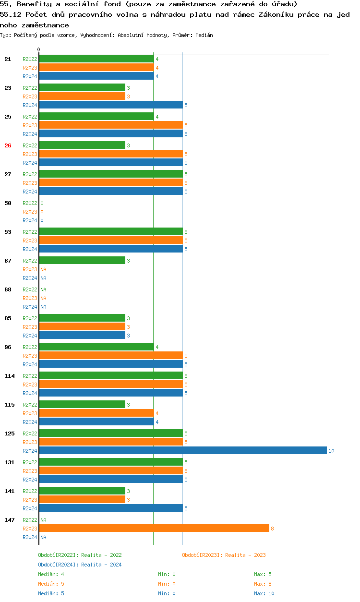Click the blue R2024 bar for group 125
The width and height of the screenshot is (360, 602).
tap(182, 450)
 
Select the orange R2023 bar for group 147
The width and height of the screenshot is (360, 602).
tap(154, 528)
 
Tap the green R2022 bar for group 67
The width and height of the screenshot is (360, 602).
tap(82, 260)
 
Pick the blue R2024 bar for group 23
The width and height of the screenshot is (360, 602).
tap(110, 105)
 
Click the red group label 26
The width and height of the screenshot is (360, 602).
tap(8, 145)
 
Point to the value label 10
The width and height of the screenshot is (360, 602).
tap(331, 451)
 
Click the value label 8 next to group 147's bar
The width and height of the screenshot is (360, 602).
tap(272, 529)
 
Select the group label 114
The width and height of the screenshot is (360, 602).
tap(10, 376)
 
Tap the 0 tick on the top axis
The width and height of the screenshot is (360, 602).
tap(39, 50)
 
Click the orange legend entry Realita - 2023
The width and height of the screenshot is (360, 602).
tap(224, 555)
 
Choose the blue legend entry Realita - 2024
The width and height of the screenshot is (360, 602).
tap(80, 565)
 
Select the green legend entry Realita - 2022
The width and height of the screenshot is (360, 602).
tap(80, 555)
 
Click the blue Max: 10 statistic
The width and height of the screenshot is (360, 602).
tap(264, 593)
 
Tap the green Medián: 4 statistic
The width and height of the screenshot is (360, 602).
tap(51, 574)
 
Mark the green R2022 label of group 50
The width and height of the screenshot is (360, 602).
tap(30, 203)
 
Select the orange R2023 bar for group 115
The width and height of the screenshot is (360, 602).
tap(96, 413)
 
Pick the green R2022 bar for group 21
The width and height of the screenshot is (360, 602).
tap(96, 59)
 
